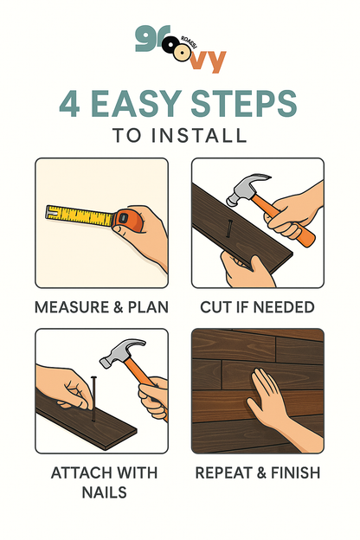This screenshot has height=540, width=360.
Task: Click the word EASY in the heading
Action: click(x=136, y=103)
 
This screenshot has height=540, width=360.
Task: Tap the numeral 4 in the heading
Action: click(x=69, y=104)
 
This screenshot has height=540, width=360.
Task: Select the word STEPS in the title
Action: click(x=243, y=103)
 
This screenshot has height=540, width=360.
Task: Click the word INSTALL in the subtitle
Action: click(x=199, y=135)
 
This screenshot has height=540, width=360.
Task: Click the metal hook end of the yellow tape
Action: click(x=51, y=211)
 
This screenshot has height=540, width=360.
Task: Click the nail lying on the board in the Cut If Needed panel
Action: click(x=228, y=228)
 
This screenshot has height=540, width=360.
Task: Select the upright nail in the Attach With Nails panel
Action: click(x=93, y=399)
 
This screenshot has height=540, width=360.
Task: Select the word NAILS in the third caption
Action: click(x=105, y=492)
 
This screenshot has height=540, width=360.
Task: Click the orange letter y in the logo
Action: click(x=215, y=61)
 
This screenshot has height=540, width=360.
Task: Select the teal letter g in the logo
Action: click(x=144, y=39)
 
